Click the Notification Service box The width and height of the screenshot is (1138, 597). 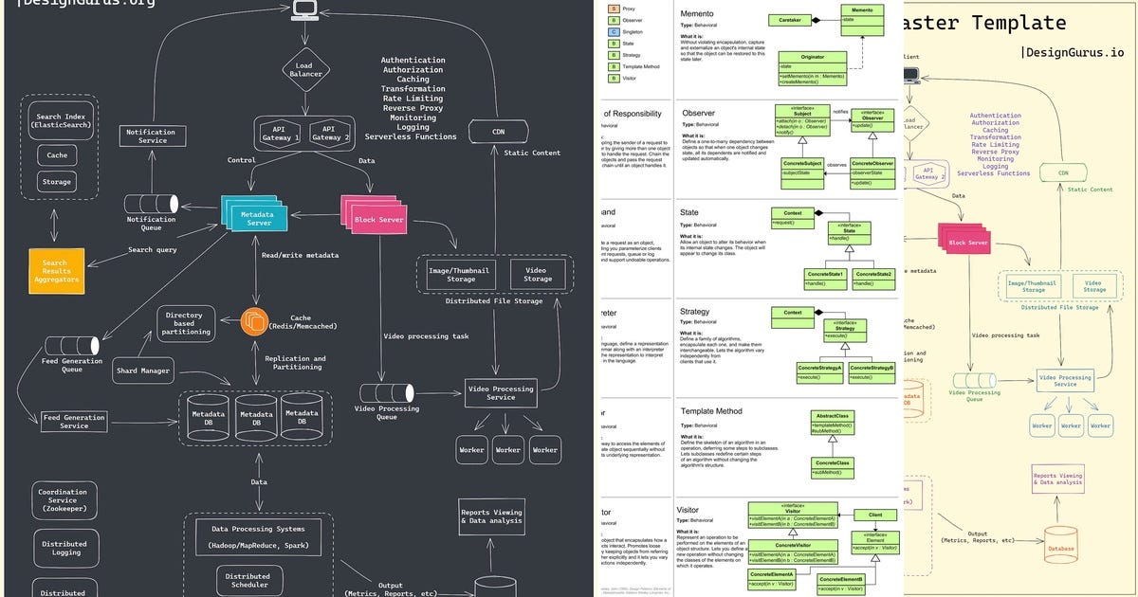(152, 136)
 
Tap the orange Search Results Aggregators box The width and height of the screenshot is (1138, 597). (56, 271)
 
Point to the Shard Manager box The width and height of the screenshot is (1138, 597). (142, 371)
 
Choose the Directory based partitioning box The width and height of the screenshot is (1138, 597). (185, 323)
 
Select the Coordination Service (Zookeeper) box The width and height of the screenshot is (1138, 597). (63, 500)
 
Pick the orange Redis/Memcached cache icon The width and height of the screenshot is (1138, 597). (255, 322)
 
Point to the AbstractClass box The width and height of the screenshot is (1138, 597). (833, 416)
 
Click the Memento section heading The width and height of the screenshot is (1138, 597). (697, 14)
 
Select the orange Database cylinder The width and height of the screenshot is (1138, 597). (1061, 546)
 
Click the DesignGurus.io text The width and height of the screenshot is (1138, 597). (1073, 53)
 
